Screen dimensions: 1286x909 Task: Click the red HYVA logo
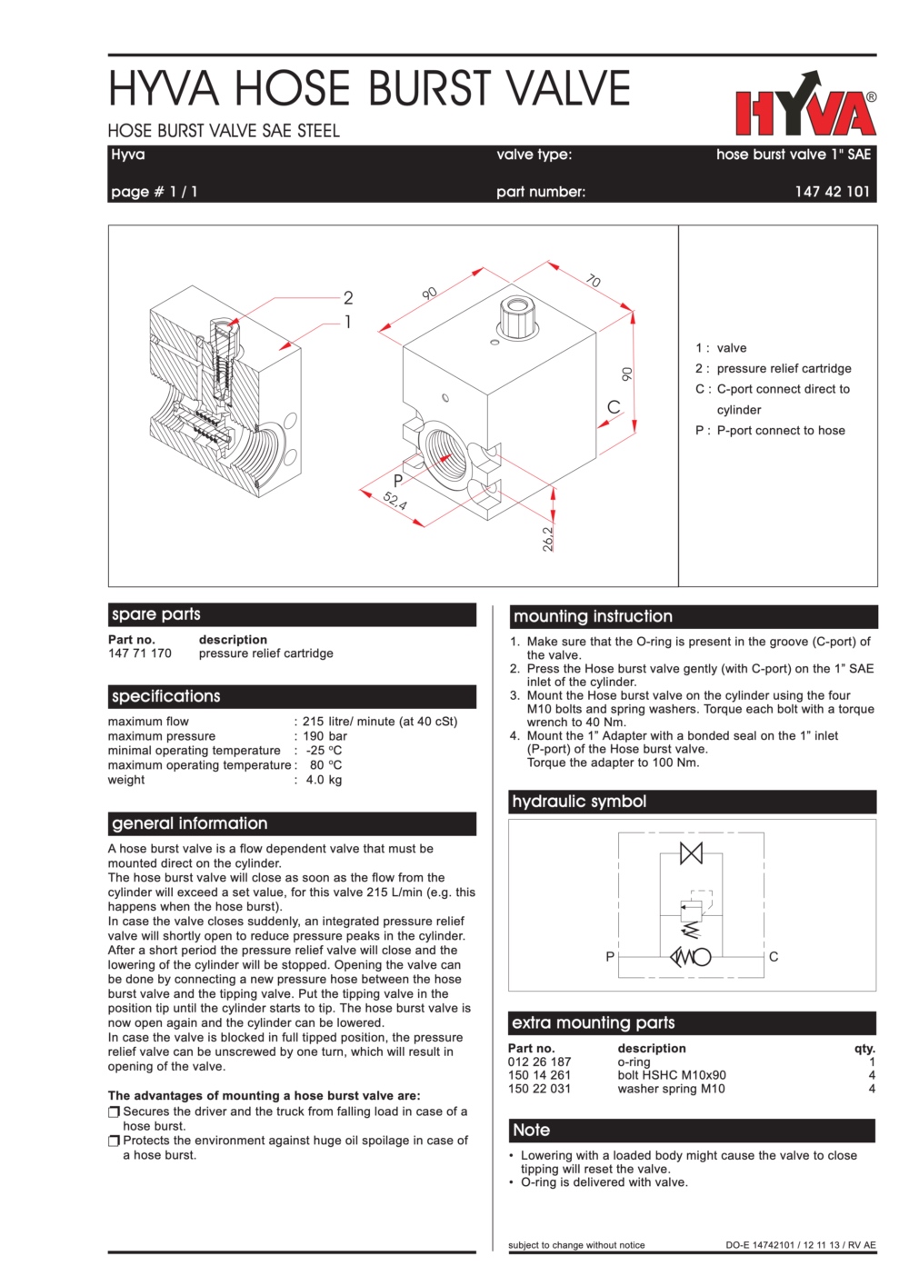tap(805, 107)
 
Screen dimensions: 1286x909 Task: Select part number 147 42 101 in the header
tap(832, 192)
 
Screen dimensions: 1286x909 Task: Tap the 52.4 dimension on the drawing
tap(395, 500)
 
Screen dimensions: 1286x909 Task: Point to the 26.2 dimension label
tap(548, 538)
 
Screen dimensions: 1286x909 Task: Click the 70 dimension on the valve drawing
tap(594, 281)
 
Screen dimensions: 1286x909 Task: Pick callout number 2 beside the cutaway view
tap(348, 297)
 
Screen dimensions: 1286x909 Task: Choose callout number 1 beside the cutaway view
tap(347, 322)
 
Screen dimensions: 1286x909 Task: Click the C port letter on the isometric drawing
tap(614, 407)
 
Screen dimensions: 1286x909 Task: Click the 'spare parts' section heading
tap(156, 614)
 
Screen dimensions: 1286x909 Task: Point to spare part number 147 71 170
tap(140, 653)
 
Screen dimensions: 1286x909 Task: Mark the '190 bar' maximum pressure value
tap(325, 736)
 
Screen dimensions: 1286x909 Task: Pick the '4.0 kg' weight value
tap(324, 780)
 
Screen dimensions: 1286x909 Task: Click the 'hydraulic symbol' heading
tap(579, 802)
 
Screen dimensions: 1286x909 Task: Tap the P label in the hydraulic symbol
tap(610, 956)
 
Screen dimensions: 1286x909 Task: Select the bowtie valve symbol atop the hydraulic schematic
tap(691, 853)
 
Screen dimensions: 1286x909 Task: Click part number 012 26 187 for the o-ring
tap(539, 1062)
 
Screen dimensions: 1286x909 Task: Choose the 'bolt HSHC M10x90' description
tap(672, 1075)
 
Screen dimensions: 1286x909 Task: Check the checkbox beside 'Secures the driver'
tap(115, 1112)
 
